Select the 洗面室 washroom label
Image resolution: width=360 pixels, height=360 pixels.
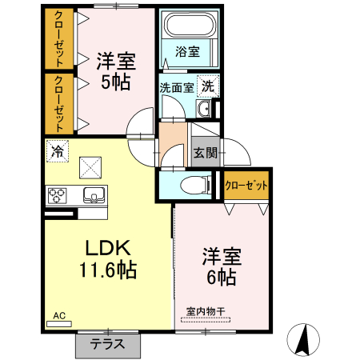[174, 88]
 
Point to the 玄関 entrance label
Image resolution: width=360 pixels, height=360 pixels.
[205, 153]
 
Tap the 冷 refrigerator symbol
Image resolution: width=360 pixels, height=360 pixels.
[57, 150]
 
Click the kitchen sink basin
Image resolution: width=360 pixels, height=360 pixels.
[94, 194]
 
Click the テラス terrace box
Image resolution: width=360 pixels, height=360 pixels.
[106, 346]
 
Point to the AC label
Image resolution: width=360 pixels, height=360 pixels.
[59, 317]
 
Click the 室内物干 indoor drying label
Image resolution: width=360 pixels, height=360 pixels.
[206, 311]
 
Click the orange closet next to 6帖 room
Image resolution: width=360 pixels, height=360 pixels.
[246, 186]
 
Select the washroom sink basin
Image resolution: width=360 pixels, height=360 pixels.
[203, 110]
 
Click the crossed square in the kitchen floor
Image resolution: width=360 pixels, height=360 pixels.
[90, 166]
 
